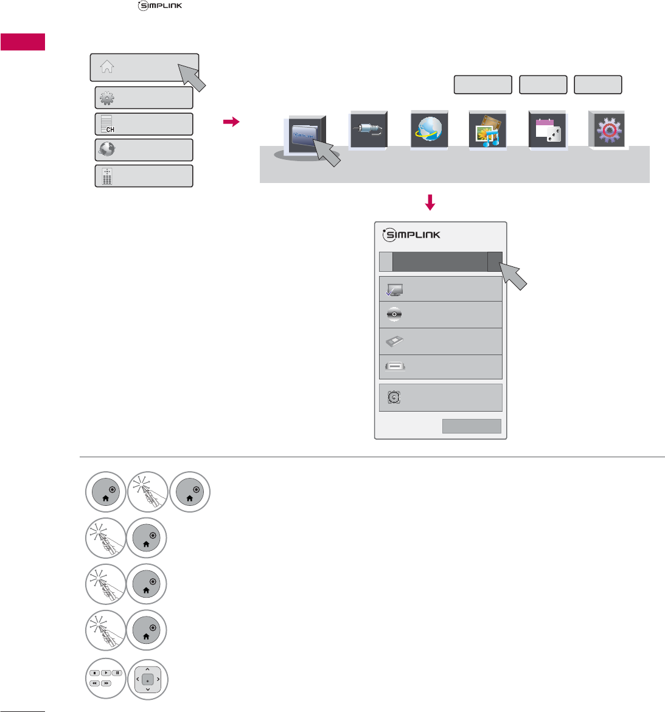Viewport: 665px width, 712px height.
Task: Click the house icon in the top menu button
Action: point(107,67)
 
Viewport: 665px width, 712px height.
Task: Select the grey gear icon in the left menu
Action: point(106,99)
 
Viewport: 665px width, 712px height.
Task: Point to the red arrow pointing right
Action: point(231,122)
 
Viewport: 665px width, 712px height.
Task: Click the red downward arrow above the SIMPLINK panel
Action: point(430,203)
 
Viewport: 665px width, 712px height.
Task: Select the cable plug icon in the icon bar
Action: point(368,130)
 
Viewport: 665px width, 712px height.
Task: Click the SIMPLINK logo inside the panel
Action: point(412,235)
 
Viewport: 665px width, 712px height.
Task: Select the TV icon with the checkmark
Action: point(394,290)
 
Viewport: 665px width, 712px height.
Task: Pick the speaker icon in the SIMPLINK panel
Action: point(394,398)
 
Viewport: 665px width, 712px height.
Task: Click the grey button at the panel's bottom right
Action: point(472,426)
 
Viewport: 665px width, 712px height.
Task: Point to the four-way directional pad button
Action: point(147,679)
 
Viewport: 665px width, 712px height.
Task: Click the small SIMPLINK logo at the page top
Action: point(160,6)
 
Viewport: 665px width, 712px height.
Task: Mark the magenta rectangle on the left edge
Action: point(23,43)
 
